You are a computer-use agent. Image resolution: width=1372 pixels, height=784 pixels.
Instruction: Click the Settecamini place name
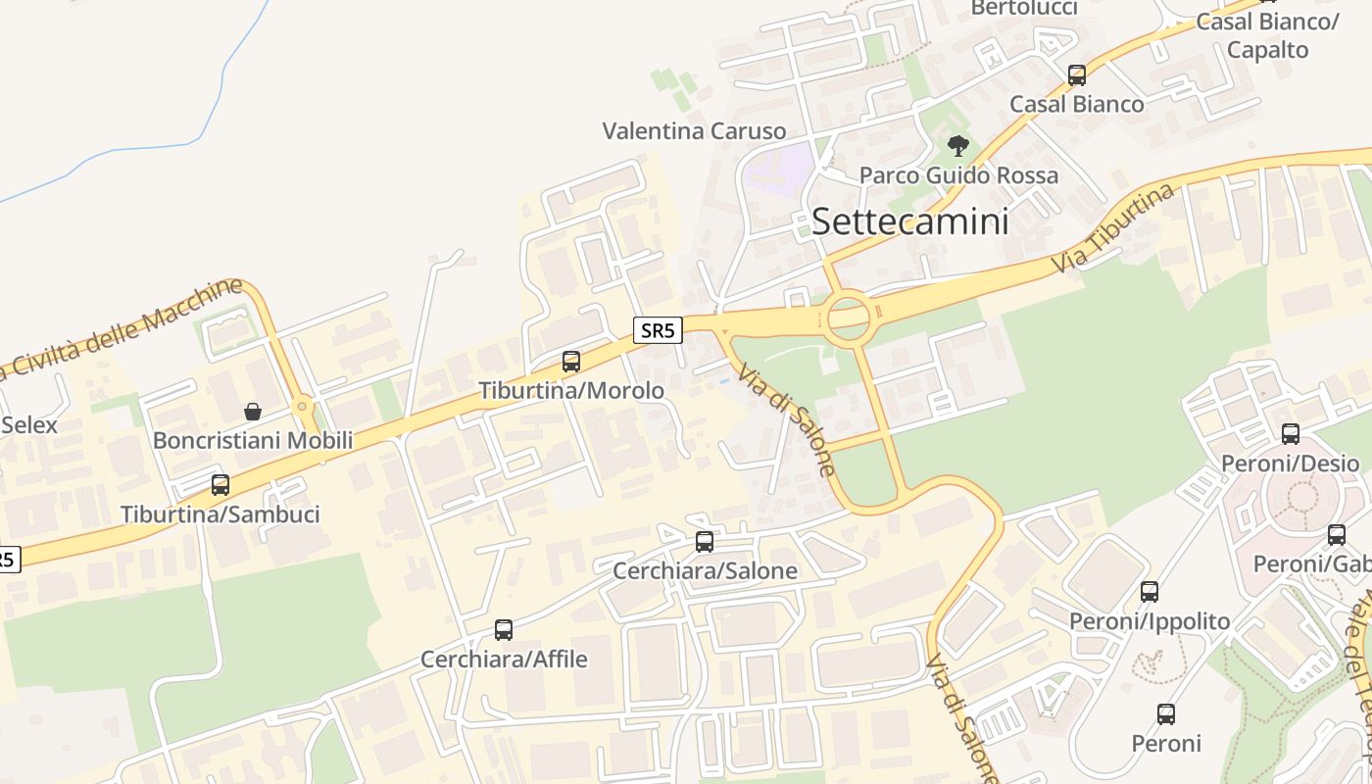[909, 221]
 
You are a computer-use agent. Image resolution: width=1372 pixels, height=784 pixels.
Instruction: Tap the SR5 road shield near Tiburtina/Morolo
[657, 330]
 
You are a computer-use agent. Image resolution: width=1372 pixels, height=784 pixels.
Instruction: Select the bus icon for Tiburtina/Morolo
[571, 362]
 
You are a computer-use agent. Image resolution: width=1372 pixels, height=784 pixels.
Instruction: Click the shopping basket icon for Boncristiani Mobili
[253, 411]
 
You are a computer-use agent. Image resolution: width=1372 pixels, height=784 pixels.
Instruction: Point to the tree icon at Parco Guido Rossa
[958, 147]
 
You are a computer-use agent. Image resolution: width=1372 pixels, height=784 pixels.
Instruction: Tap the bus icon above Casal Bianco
[1077, 75]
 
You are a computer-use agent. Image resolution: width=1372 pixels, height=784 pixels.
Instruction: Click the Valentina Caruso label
[694, 131]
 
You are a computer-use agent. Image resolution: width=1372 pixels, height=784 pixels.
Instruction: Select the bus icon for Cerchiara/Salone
[705, 542]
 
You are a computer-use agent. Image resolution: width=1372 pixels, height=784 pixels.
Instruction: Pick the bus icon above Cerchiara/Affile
[504, 630]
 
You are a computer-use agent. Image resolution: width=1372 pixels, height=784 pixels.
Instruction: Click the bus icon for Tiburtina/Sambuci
[220, 485]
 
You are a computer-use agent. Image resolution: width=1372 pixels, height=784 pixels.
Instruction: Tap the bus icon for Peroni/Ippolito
[1150, 592]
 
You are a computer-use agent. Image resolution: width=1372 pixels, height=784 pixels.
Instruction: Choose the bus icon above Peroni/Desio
[1291, 434]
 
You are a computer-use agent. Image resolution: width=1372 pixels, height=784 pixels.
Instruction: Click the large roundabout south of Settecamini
[849, 318]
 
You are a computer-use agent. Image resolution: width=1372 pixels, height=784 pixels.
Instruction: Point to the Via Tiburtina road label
[1113, 229]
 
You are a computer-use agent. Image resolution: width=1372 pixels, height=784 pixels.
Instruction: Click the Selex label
[29, 425]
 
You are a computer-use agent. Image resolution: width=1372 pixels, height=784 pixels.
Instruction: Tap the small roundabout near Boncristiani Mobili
[302, 405]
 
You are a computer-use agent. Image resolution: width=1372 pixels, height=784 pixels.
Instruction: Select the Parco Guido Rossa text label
[958, 175]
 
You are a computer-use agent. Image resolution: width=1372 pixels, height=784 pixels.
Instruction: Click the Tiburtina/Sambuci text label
[220, 514]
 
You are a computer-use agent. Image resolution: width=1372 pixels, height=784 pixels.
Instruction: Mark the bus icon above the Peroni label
[1166, 714]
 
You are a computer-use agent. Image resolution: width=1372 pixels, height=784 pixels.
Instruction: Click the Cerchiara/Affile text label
[504, 660]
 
